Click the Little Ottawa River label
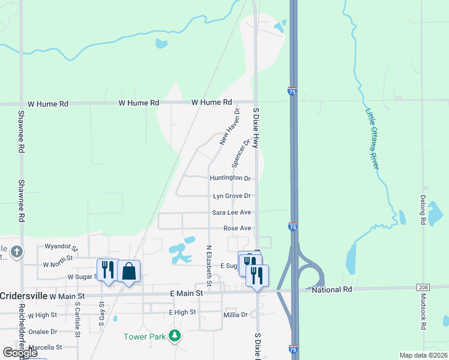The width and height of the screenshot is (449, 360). (373, 137)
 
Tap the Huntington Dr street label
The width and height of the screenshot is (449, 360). (230, 178)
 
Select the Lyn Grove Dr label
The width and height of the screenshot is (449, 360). (231, 196)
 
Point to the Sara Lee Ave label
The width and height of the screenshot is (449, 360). (231, 212)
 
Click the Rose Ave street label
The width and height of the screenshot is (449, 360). (237, 229)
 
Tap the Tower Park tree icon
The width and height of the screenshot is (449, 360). (174, 336)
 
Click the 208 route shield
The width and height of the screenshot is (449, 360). (425, 289)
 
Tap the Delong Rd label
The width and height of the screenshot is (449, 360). (423, 212)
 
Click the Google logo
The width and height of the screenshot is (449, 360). (19, 353)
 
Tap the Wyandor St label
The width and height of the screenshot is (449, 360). (61, 247)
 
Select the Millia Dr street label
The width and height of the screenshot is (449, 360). (235, 314)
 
